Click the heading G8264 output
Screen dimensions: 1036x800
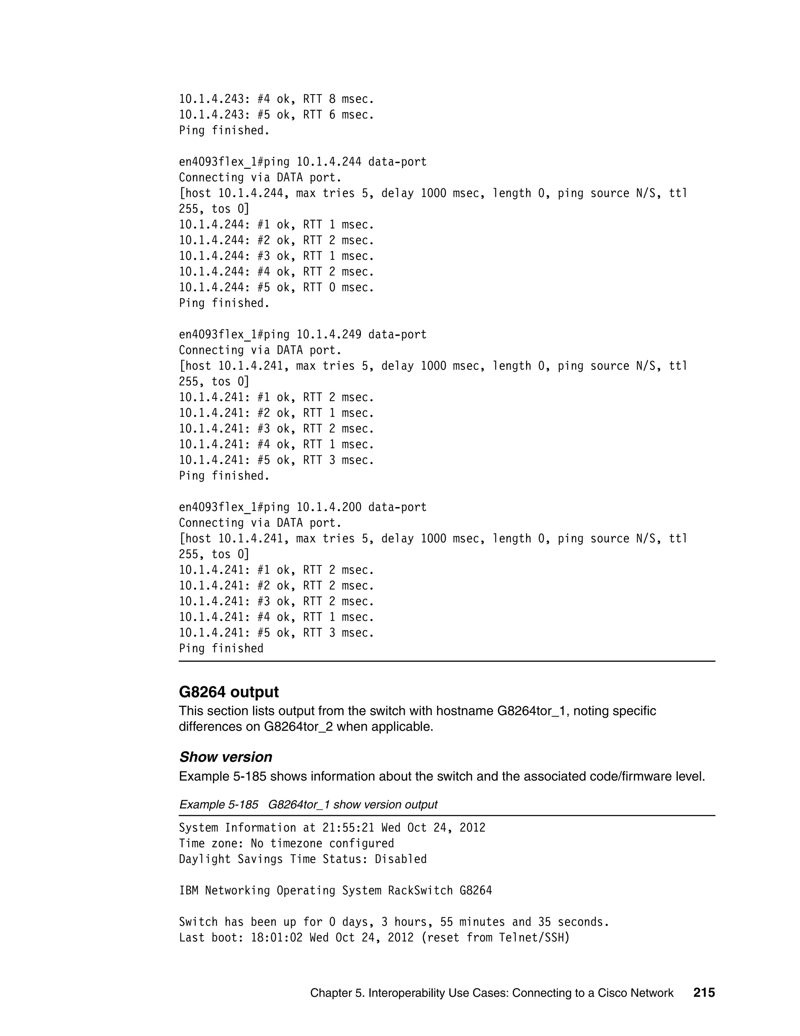click(x=229, y=692)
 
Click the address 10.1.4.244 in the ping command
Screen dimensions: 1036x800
click(x=329, y=162)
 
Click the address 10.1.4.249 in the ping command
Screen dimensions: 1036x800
click(x=329, y=335)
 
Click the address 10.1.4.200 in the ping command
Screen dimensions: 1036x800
click(x=329, y=507)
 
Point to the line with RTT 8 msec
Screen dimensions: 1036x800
click(x=276, y=100)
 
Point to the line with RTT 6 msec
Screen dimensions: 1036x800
click(x=276, y=115)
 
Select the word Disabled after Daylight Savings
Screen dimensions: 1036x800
click(x=400, y=859)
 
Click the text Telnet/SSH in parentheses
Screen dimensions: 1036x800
click(x=531, y=938)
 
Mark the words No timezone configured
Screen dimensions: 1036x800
click(x=322, y=843)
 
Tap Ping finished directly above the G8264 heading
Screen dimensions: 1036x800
click(x=221, y=649)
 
